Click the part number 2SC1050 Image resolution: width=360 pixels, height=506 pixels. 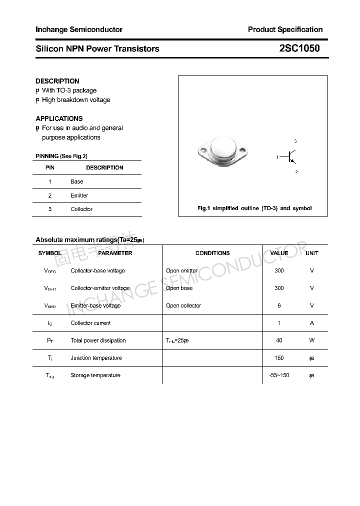(299, 48)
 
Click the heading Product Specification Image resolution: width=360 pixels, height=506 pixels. (285, 29)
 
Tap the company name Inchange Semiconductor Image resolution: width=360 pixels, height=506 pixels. (79, 29)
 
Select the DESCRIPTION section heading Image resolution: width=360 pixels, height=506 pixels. (57, 81)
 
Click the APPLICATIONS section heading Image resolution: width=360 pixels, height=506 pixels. (59, 118)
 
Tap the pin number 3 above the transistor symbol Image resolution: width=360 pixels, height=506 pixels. (295, 141)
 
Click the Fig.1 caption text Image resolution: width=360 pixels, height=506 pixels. (254, 208)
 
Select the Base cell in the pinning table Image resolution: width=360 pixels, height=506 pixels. (77, 181)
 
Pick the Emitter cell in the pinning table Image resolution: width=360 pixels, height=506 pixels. (79, 195)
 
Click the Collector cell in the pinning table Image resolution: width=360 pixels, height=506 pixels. (81, 209)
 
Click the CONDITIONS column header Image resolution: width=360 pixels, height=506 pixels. (212, 253)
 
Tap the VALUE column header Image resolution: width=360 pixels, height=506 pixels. (279, 253)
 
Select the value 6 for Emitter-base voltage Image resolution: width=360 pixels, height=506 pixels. (279, 305)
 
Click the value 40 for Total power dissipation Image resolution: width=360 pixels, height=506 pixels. (279, 340)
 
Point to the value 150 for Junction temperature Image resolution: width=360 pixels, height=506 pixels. (279, 358)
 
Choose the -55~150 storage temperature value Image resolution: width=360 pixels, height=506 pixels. (279, 375)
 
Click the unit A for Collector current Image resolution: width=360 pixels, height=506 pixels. (311, 323)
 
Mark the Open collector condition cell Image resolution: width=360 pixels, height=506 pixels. (183, 305)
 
